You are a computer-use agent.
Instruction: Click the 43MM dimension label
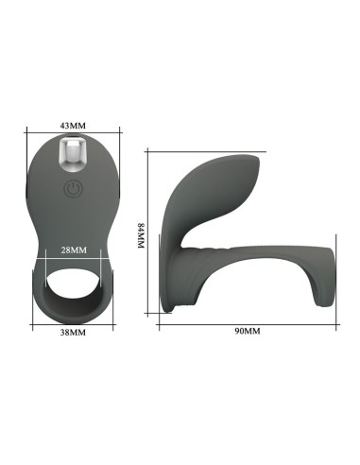click(73, 126)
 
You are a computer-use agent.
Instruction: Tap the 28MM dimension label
click(74, 250)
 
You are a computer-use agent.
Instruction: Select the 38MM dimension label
click(73, 333)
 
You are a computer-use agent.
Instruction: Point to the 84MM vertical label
click(141, 235)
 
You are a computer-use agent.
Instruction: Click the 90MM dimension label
click(248, 331)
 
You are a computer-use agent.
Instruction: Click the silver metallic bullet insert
click(73, 155)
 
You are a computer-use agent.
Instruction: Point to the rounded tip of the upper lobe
click(257, 163)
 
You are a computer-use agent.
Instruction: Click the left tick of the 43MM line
click(27, 132)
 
